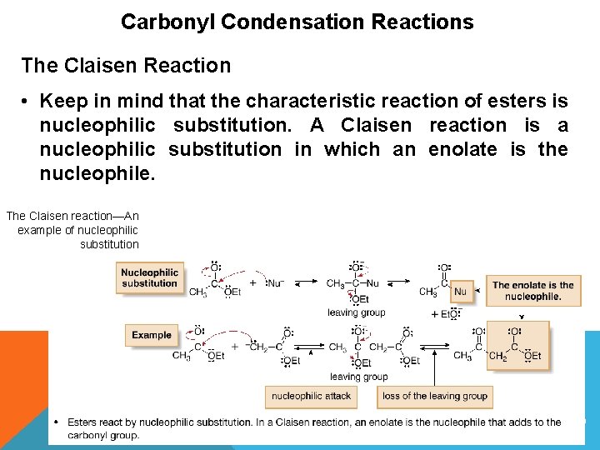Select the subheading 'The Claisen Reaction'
pyautogui.click(x=126, y=64)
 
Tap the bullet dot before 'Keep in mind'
pyautogui.click(x=27, y=102)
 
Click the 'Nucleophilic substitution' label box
pyautogui.click(x=150, y=277)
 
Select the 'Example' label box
pyautogui.click(x=152, y=335)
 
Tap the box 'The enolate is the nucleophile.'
pyautogui.click(x=532, y=291)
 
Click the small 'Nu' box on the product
pyautogui.click(x=460, y=292)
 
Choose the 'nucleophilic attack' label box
pyautogui.click(x=312, y=396)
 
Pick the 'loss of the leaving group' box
pyautogui.click(x=434, y=396)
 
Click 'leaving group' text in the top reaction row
pyautogui.click(x=356, y=312)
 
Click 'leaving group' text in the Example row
pyautogui.click(x=358, y=377)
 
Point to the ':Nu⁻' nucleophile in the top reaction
pyautogui.click(x=275, y=283)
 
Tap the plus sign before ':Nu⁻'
pyautogui.click(x=252, y=282)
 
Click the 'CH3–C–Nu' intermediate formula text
pyautogui.click(x=352, y=283)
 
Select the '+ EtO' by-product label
pyautogui.click(x=444, y=314)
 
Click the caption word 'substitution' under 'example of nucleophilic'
pyautogui.click(x=109, y=244)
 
